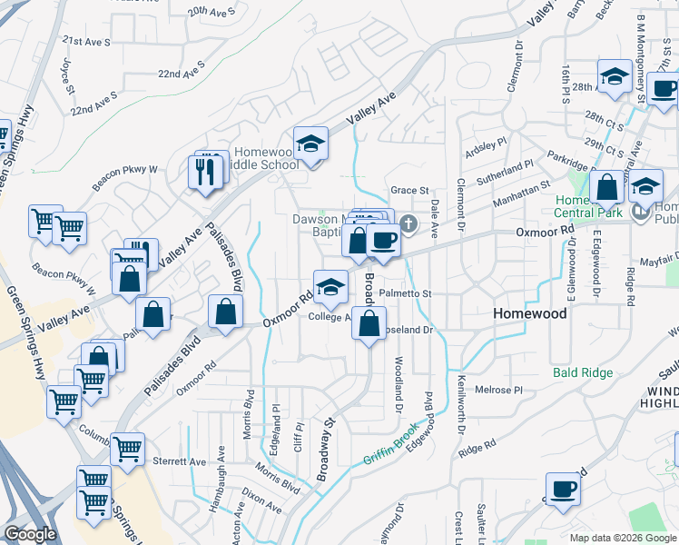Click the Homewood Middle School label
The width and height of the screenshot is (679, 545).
(x=266, y=158)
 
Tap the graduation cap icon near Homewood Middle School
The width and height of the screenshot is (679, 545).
(x=310, y=144)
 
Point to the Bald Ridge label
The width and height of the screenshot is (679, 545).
(x=578, y=372)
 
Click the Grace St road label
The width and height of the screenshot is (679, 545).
(x=409, y=191)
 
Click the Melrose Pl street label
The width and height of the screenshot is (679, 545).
(x=500, y=389)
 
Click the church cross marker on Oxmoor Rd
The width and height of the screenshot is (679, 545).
(x=408, y=223)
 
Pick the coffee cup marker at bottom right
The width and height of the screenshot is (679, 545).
(x=562, y=489)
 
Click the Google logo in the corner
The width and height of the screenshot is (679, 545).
(x=30, y=535)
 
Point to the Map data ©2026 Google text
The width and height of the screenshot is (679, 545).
(x=623, y=538)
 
